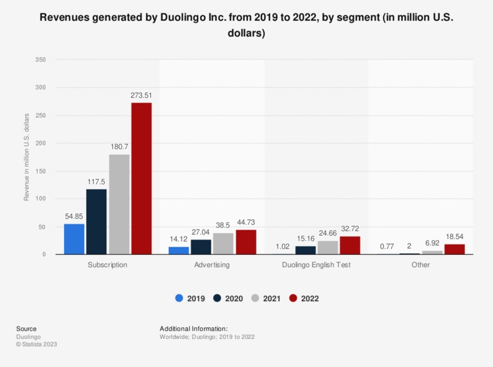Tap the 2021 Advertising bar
pos(223,243)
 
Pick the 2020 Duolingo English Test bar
pos(305,250)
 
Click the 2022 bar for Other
pos(455,249)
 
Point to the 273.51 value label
pos(141,95)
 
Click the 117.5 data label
pos(97,182)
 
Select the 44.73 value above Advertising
pos(246,222)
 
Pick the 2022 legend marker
pos(294,298)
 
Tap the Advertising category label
pos(212,265)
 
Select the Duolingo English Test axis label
pos(316,265)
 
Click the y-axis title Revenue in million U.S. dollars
pos(26,157)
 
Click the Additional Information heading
pos(194,329)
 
